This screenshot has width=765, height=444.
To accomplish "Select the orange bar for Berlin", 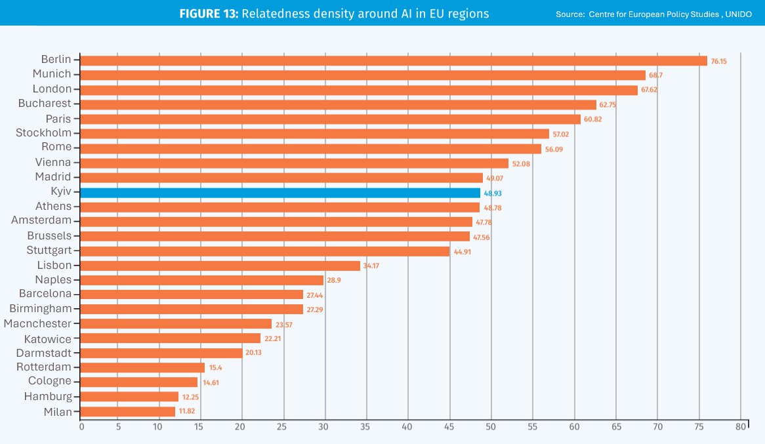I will (394, 60).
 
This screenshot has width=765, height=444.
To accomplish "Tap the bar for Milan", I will (128, 412).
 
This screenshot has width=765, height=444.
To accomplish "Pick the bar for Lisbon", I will (220, 266).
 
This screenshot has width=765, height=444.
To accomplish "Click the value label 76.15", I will (720, 61).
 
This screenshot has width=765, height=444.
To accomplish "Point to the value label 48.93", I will (493, 193).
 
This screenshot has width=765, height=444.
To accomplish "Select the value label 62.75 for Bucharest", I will (609, 105).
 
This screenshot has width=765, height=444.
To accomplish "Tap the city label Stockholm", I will (43, 133).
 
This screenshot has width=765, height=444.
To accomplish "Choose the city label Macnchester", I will (37, 323).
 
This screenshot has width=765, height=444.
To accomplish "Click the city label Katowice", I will (47, 339).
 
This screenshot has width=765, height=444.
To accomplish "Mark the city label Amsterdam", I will (41, 220).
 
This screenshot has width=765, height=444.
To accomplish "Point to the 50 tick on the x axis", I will (491, 427).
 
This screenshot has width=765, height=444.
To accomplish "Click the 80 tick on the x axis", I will (740, 427).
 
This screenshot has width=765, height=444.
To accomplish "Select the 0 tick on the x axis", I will (81, 427).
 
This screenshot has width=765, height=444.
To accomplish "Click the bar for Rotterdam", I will (142, 368).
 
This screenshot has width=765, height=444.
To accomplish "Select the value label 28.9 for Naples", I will (335, 281).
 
